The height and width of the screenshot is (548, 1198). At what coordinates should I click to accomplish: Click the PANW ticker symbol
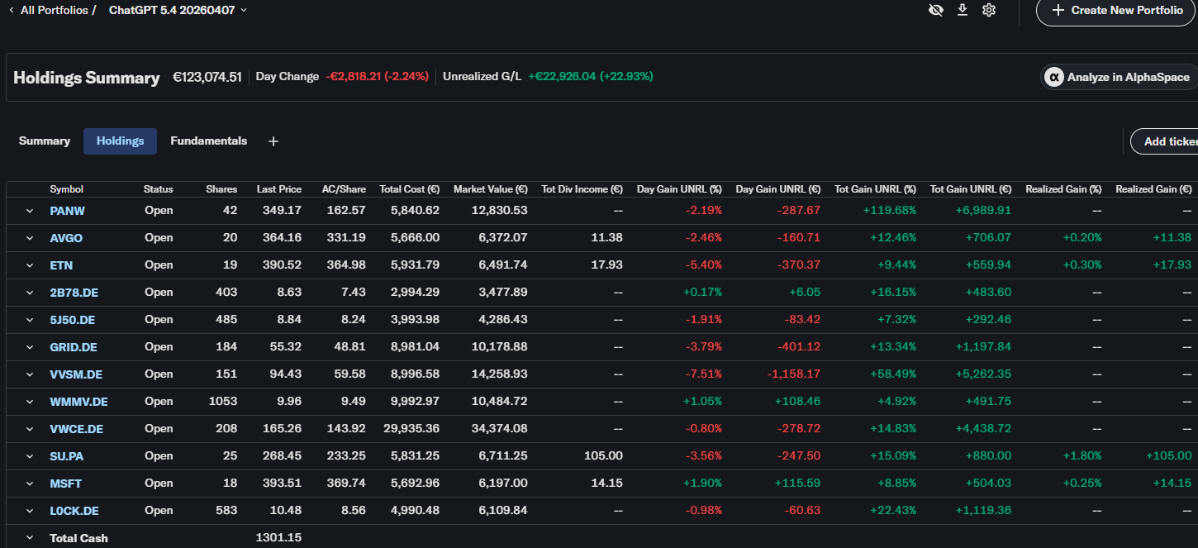[67, 211]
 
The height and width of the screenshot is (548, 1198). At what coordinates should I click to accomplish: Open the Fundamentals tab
[208, 141]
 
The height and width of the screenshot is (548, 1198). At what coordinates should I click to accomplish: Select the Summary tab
[45, 141]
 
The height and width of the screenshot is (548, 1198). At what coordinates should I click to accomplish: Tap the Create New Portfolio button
[1116, 11]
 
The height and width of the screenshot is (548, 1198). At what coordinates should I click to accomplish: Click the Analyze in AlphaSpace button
[1120, 77]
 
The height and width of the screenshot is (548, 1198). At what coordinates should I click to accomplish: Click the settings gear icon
[989, 10]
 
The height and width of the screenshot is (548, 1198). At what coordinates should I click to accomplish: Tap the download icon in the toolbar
[963, 10]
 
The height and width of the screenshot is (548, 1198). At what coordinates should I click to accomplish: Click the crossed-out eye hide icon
[936, 10]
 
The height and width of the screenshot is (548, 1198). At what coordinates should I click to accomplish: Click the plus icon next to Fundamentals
[273, 141]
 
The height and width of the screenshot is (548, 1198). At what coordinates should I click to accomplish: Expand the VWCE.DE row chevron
[30, 429]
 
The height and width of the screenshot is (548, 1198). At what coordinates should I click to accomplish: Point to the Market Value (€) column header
[491, 189]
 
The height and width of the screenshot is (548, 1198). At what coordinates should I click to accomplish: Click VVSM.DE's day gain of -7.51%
[704, 374]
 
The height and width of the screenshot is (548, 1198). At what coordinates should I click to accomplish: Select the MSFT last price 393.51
[282, 484]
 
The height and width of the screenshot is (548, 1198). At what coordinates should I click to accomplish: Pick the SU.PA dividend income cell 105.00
[603, 456]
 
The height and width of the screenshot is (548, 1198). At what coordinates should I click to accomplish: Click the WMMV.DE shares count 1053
[222, 402]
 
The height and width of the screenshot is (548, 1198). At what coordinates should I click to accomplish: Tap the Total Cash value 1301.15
[278, 538]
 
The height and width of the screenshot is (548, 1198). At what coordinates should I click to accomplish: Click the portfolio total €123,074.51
[207, 77]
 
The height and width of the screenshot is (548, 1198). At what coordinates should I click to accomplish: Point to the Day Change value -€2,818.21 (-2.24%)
[377, 77]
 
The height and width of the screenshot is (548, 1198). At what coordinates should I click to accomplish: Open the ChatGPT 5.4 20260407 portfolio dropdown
[178, 10]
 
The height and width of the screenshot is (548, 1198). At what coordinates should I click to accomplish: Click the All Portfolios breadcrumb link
[54, 10]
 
